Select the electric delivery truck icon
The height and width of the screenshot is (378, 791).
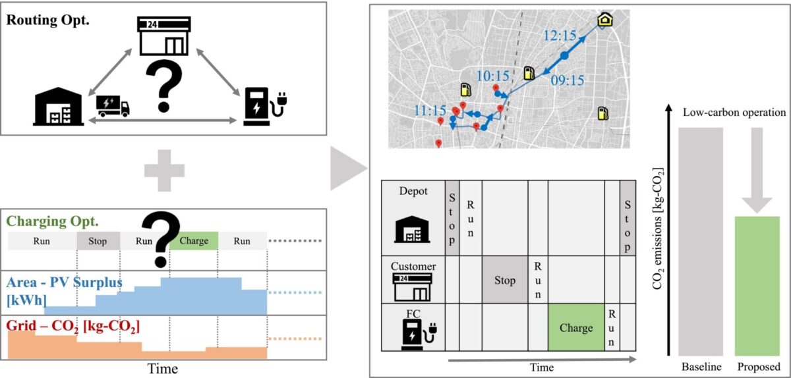coord(113,106)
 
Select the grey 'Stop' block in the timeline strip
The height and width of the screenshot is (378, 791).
coord(97,241)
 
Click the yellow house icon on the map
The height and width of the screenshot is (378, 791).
coord(604,20)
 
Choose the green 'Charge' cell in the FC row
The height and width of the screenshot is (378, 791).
coord(575,327)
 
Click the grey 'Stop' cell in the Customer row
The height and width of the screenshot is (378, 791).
coord(504,281)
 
